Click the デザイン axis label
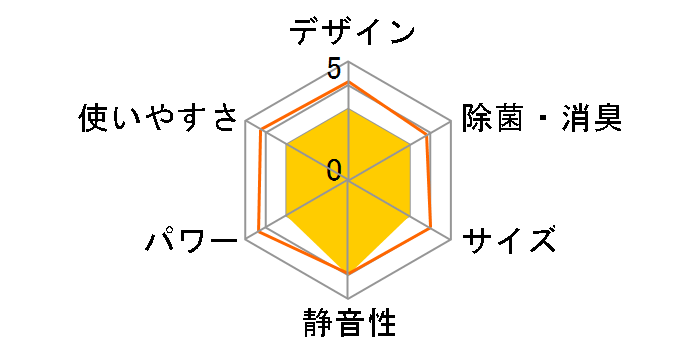coord(352,31)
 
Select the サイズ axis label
coord(509,240)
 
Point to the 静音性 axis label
coord(348,325)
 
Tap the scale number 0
coord(334,169)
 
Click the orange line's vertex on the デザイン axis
coord(348,83)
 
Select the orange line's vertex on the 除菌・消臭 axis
coord(427,135)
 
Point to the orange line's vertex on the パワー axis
coord(259,232)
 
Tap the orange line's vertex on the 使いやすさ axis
coord(261,130)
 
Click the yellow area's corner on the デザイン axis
coord(348,109)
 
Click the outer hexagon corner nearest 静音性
coord(348,298)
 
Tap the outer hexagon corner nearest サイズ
coord(450,239)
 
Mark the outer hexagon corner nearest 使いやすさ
coord(246,121)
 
